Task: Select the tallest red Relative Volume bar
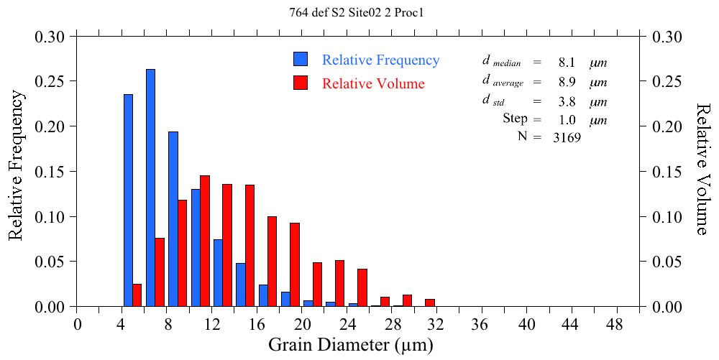205,241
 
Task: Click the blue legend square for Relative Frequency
301,60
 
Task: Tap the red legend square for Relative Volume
301,83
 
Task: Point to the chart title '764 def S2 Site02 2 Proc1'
359,12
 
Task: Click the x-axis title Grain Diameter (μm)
351,345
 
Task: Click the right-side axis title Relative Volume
703,168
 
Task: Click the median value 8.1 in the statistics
566,63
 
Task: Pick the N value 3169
567,138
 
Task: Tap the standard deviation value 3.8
566,101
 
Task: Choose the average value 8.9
566,82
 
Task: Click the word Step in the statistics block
516,119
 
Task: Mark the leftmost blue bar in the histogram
128,200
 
